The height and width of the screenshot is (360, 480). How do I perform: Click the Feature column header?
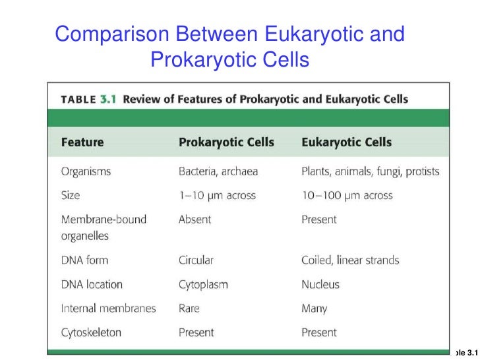click(82, 142)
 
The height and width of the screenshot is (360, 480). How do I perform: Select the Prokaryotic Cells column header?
click(226, 142)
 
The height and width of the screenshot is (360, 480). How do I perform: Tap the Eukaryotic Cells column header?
click(346, 142)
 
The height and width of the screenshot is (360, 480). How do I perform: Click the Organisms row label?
click(86, 171)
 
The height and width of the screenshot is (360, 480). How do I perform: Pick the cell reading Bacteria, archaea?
click(218, 171)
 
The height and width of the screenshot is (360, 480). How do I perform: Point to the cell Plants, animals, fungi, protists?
click(370, 171)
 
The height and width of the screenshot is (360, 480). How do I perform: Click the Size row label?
click(71, 195)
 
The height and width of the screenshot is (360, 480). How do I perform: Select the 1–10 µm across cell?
click(217, 195)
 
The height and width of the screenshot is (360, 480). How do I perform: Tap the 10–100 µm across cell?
click(347, 195)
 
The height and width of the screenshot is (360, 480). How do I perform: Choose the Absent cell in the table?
click(195, 219)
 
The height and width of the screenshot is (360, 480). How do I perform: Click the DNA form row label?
click(84, 260)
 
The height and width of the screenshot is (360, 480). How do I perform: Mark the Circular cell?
click(196, 260)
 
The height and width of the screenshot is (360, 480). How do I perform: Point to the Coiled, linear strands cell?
click(350, 260)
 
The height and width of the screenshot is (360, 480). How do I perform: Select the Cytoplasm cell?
click(203, 284)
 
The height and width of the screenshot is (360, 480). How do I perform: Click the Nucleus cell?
click(320, 284)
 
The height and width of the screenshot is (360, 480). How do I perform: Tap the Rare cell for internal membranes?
click(189, 308)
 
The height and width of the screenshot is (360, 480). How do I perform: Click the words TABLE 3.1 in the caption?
click(88, 100)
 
